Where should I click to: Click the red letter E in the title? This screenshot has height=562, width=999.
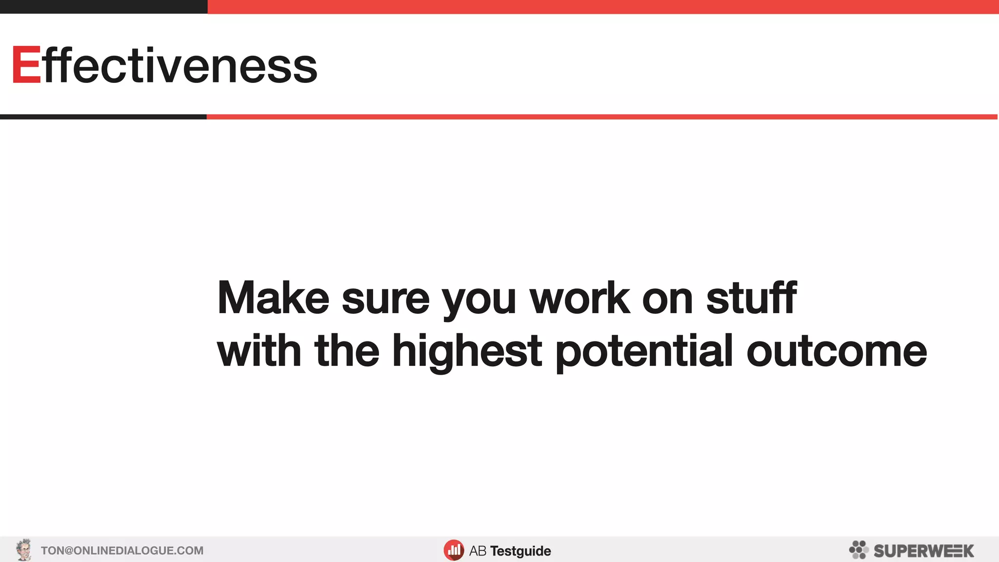[x=26, y=65]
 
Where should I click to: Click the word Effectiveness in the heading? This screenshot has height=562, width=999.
[x=165, y=65]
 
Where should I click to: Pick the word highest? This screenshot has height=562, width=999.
[x=467, y=351]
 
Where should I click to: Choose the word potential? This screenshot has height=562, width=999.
[x=644, y=351]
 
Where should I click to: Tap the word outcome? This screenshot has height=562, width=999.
[x=836, y=351]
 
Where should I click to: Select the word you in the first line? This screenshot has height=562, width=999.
[x=479, y=300]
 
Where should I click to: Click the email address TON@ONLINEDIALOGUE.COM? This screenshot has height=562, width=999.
[x=122, y=551]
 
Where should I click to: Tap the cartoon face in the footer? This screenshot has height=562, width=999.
[x=23, y=550]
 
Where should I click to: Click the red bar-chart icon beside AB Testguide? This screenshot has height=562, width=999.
[x=454, y=550]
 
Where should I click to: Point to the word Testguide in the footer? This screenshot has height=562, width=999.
[x=520, y=551]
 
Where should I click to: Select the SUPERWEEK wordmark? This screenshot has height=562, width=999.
[x=923, y=551]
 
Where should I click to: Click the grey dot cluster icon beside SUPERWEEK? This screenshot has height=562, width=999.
[x=859, y=550]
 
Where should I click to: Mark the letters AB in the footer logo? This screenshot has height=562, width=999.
[x=478, y=551]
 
